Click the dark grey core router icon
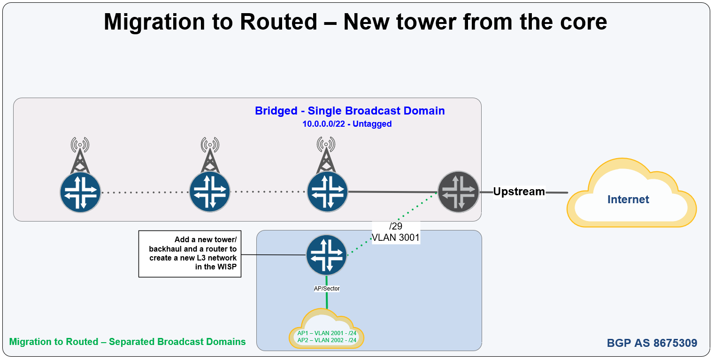click(458, 192)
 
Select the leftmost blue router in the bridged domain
click(80, 192)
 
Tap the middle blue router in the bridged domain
click(210, 192)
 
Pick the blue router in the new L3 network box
click(326, 255)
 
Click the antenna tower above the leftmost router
click(80, 155)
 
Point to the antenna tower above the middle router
click(210, 155)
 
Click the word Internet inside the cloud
click(628, 199)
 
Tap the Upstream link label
click(519, 191)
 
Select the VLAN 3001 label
click(396, 237)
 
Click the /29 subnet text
click(396, 226)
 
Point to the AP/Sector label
click(327, 289)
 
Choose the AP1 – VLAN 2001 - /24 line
click(327, 333)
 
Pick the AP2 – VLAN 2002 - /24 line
click(327, 340)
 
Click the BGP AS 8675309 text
click(652, 343)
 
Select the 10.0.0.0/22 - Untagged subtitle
click(347, 124)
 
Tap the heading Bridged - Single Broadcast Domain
click(350, 111)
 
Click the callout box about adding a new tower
click(190, 254)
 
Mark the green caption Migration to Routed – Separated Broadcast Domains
click(128, 342)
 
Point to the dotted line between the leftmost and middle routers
click(145, 192)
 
